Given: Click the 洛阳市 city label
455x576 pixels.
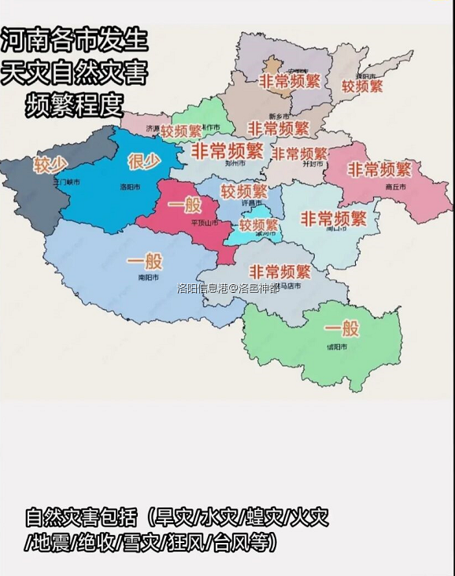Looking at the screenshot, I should click(130, 187).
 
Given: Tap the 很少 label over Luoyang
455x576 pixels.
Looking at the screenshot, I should click(144, 162).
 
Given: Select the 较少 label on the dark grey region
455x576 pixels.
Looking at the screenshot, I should click(50, 164).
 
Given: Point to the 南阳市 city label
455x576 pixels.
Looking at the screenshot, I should click(149, 278).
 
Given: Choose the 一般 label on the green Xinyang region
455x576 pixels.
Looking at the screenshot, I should click(341, 328).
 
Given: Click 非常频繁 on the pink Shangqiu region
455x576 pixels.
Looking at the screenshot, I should click(379, 169).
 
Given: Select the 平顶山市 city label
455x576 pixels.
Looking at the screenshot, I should click(204, 223).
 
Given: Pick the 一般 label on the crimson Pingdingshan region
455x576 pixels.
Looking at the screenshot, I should click(183, 205).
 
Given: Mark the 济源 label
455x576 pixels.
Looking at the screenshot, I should click(153, 127).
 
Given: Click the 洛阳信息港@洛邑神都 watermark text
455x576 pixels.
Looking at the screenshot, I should click(227, 288).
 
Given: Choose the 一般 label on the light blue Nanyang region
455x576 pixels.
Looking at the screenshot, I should click(144, 261).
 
